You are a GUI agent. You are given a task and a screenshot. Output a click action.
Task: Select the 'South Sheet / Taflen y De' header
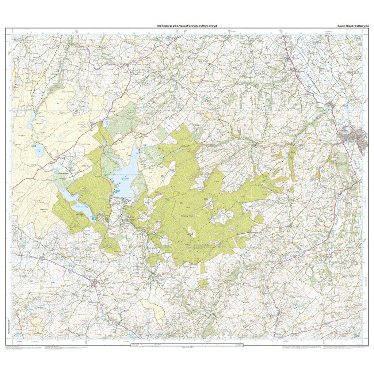pos(353,26)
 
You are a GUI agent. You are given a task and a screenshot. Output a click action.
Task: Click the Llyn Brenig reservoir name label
pos(124,179)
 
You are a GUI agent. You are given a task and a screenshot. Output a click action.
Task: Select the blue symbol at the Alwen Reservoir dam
pos(94,218)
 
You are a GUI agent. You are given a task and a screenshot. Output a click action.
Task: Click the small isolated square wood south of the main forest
pos(203,283)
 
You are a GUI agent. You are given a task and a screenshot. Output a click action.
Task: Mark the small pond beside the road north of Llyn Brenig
pos(106,123)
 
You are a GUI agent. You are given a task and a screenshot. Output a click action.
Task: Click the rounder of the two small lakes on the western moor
pos(39,150)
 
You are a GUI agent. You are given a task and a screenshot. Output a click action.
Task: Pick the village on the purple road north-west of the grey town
pos(330,106)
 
